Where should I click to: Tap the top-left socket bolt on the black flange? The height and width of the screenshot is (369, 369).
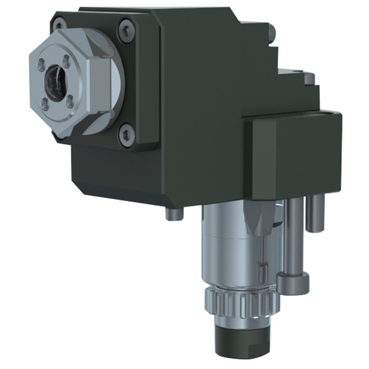(58, 25)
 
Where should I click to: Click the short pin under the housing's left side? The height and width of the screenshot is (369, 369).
(171, 214)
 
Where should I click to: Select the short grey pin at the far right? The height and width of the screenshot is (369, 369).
(314, 213)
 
